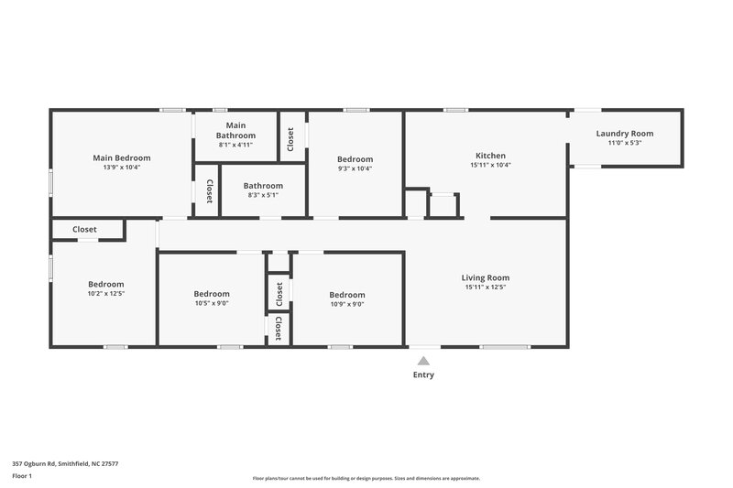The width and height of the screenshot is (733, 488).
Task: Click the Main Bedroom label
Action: click(121, 157)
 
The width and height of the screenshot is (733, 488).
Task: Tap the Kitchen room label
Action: click(489, 156)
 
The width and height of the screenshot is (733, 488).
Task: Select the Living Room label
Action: click(487, 277)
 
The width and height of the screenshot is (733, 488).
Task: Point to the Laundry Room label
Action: click(624, 134)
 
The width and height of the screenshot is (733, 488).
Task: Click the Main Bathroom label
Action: click(235, 130)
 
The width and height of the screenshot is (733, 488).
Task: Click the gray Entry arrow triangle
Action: click(423, 361)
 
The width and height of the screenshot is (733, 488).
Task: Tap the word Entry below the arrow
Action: click(423, 374)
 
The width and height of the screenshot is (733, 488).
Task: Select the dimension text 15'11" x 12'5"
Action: click(487, 287)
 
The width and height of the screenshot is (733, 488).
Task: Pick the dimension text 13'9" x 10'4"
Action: click(121, 168)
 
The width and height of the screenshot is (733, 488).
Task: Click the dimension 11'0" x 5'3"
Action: click(624, 144)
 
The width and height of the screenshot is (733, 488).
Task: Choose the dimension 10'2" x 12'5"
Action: click(105, 294)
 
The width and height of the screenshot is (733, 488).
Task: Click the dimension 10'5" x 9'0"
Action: click(212, 304)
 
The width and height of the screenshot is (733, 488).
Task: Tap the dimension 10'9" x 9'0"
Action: click(347, 304)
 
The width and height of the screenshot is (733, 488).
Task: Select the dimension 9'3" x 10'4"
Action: click(355, 168)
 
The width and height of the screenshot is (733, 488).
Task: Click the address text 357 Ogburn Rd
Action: click(65, 463)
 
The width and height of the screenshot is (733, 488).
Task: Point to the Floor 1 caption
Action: click(23, 476)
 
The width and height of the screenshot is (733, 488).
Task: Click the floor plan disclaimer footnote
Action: click(366, 478)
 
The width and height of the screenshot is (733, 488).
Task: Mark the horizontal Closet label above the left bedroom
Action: click(84, 230)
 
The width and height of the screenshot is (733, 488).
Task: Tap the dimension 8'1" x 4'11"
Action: click(235, 145)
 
